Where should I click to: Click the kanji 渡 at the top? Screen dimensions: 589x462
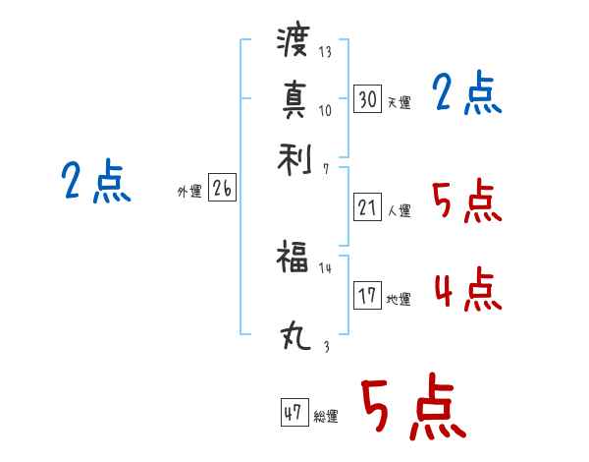pyautogui.click(x=293, y=42)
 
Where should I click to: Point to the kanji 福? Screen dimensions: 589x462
pyautogui.click(x=293, y=260)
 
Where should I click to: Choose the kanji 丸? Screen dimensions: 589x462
pyautogui.click(x=293, y=338)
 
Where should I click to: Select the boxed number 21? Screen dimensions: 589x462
pyautogui.click(x=367, y=207)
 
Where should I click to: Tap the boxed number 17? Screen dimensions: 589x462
pyautogui.click(x=367, y=296)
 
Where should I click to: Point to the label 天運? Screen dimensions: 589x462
pyautogui.click(x=399, y=102)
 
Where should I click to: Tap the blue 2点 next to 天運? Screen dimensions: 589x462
pyautogui.click(x=467, y=94)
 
